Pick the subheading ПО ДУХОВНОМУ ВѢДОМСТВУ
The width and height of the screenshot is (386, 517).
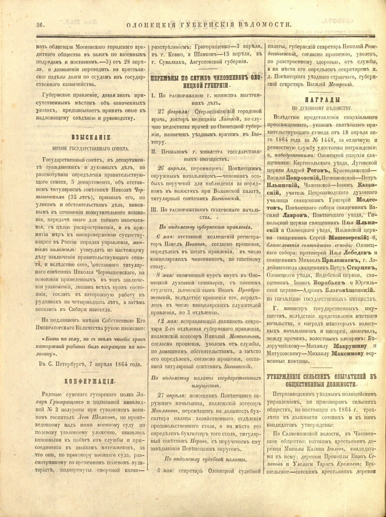pyautogui.click(x=322, y=108)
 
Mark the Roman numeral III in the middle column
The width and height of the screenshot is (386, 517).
pyautogui.click(x=153, y=209)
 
